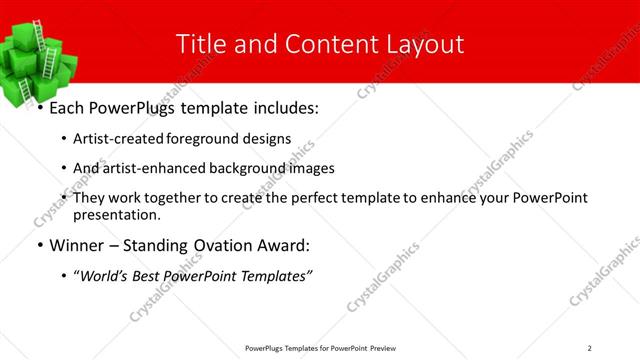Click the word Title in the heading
click(198, 44)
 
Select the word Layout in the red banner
click(426, 44)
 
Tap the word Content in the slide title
click(329, 44)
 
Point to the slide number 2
click(590, 347)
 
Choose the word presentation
click(116, 214)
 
